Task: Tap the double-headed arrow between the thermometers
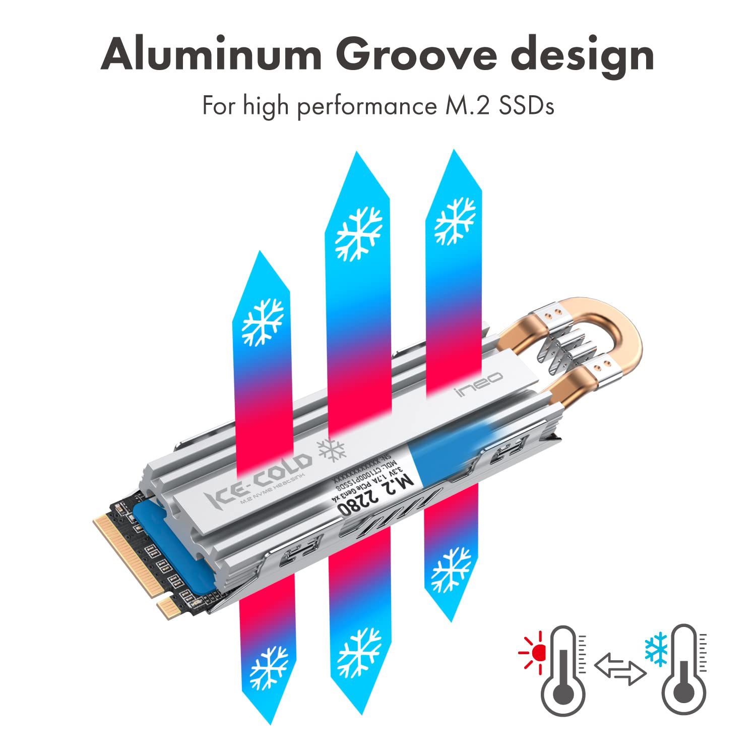pos(620,668)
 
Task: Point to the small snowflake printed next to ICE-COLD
pos(331,450)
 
